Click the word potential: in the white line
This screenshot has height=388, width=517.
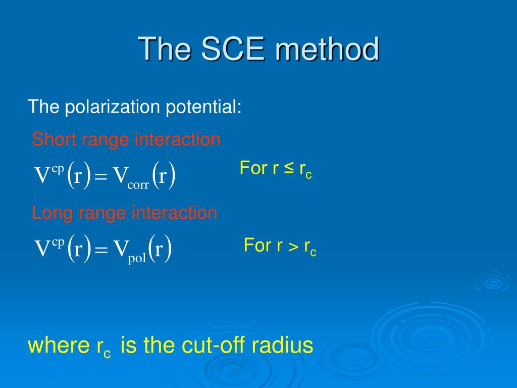[x=203, y=107]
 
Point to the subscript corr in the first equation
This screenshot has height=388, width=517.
[x=138, y=185]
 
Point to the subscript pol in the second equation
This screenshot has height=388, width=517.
[x=137, y=258]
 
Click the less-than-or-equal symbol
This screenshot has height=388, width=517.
[x=288, y=168]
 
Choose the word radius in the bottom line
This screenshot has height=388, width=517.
[x=282, y=345]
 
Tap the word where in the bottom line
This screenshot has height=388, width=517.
[x=59, y=346]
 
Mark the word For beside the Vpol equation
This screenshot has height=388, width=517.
[x=257, y=245]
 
